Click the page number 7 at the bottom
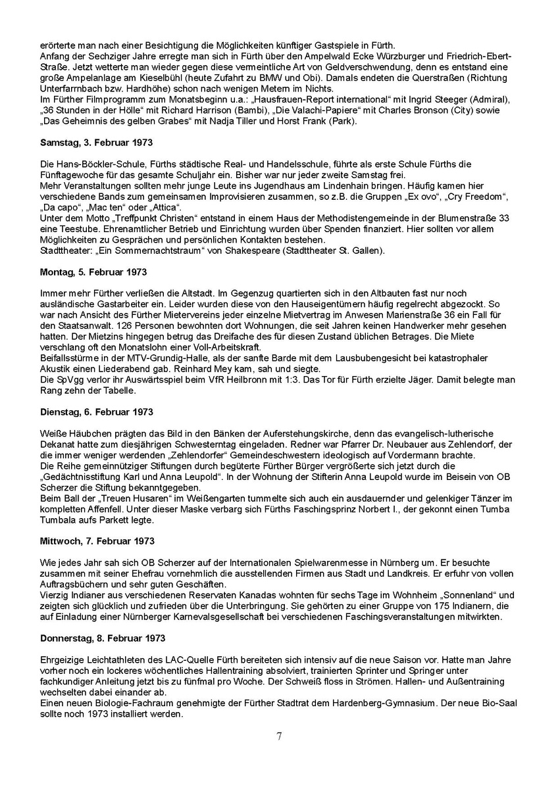coord(279,736)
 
